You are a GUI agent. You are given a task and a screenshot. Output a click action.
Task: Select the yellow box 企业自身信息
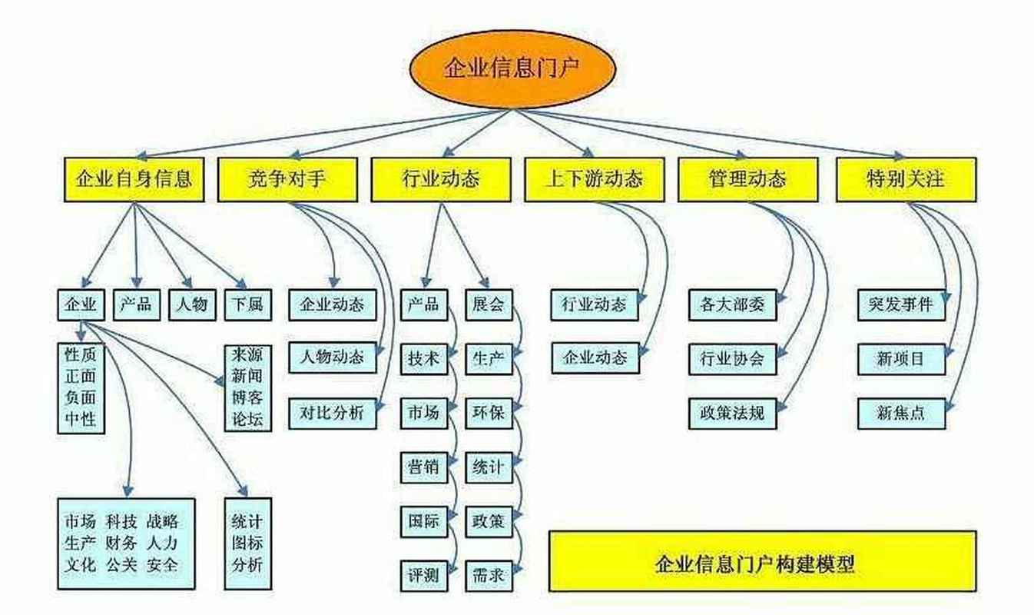[134, 180]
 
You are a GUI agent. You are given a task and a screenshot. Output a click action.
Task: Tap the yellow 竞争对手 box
[287, 180]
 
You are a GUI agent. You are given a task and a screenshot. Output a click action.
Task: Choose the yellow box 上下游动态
[594, 180]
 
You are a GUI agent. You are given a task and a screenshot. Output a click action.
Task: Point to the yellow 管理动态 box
[747, 180]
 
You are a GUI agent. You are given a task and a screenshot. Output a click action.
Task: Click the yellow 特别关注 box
[906, 180]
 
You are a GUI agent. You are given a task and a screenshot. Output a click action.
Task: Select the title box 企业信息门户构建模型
[762, 565]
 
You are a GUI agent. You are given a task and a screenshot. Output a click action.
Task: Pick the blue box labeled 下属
[247, 304]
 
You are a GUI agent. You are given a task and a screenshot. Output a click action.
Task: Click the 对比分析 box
[333, 413]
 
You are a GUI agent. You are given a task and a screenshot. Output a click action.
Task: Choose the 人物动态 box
[333, 358]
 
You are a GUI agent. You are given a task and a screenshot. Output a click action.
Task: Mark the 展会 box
[489, 304]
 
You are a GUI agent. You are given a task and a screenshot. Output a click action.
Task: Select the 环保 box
[489, 413]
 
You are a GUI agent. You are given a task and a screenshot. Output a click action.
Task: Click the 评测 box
[423, 573]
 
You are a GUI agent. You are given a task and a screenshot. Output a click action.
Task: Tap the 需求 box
[489, 573]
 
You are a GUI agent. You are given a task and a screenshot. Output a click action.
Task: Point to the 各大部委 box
[732, 304]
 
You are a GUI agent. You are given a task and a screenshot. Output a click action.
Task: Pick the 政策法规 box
[732, 413]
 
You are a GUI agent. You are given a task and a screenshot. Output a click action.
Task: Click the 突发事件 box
[901, 304]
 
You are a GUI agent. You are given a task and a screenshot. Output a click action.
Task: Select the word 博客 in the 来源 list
[247, 398]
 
